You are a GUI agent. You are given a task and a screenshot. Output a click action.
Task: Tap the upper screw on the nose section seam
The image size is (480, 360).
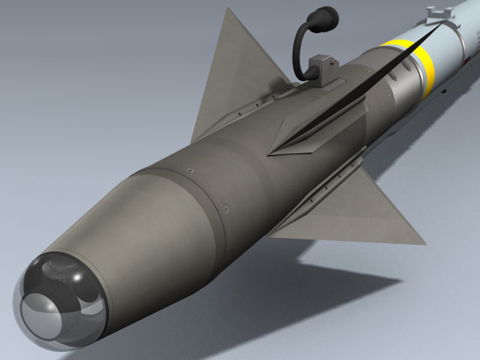pyautogui.click(x=191, y=171)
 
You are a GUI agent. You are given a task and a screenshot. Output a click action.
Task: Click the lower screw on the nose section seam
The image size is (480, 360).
pyautogui.click(x=227, y=209)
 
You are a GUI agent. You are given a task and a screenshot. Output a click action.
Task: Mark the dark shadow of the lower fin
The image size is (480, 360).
pyautogui.click(x=333, y=283)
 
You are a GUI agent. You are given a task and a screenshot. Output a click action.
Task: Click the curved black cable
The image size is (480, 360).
pyautogui.click(x=298, y=50)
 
